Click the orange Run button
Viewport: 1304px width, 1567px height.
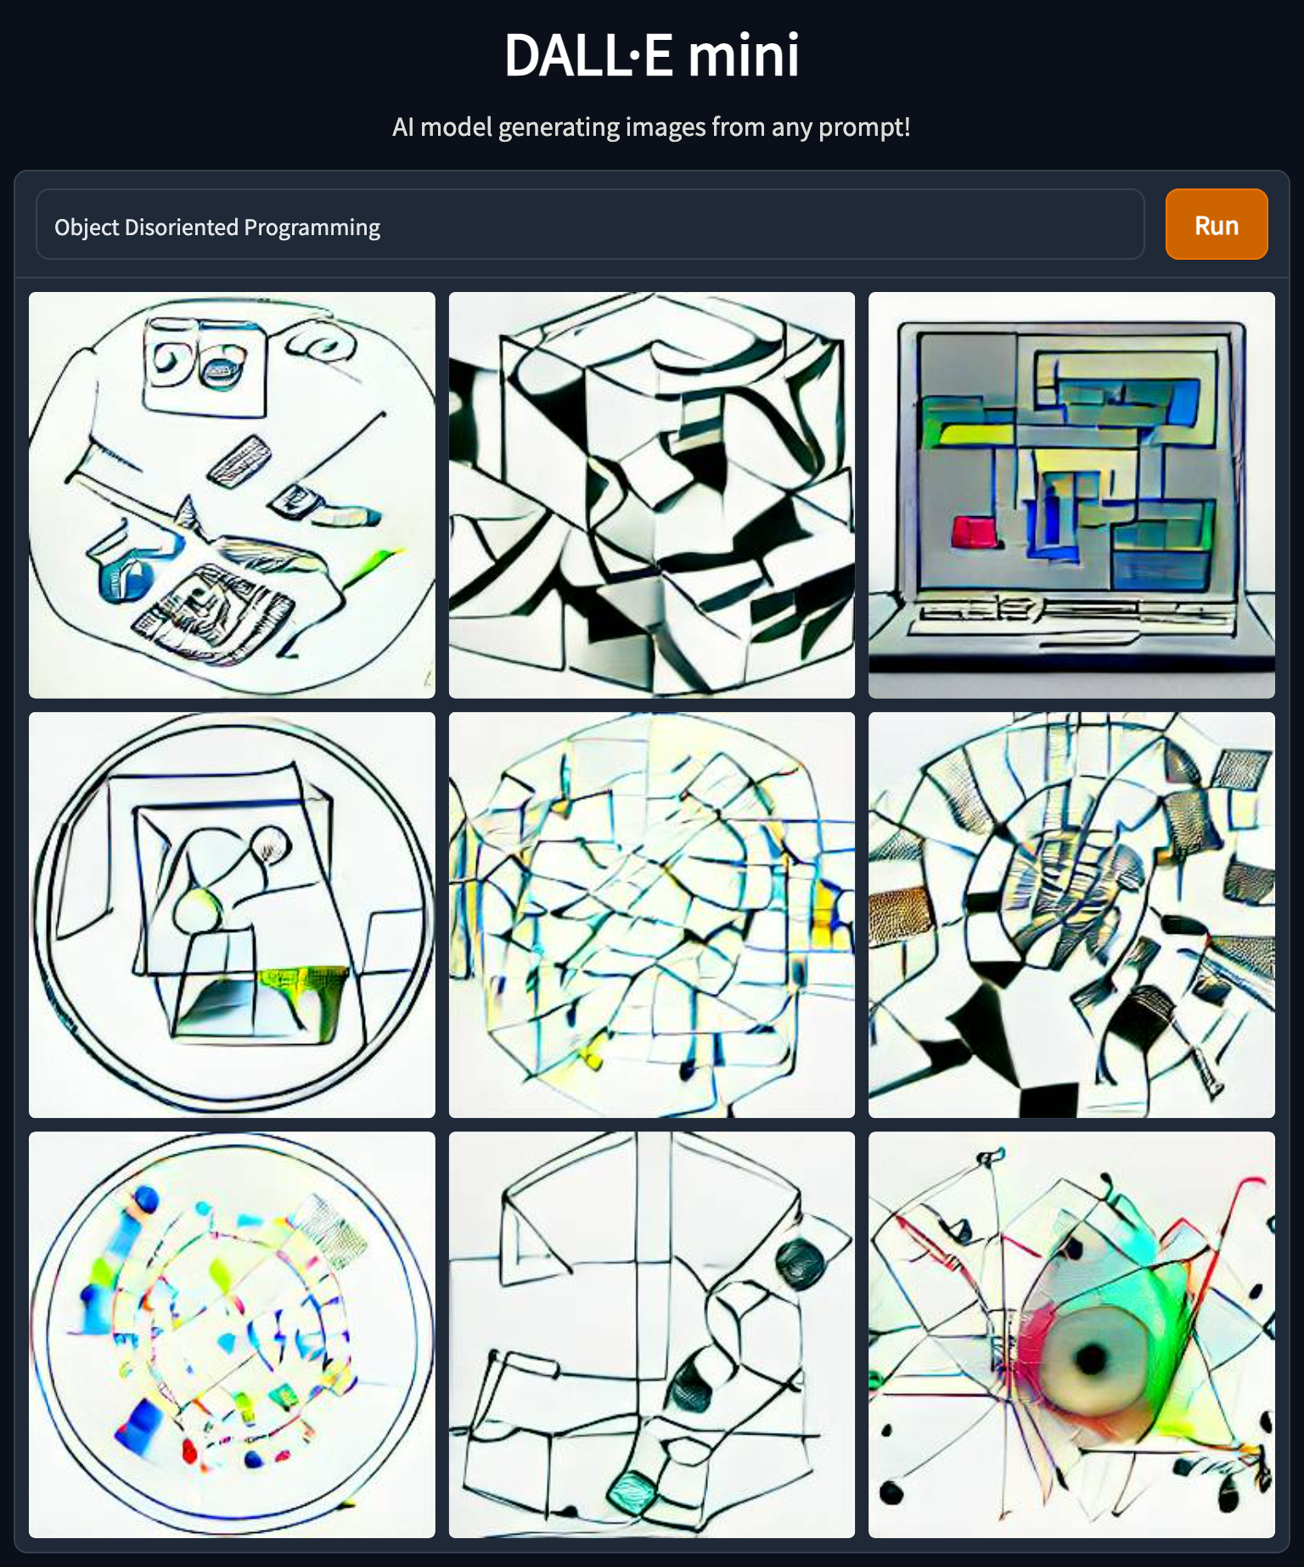point(1216,224)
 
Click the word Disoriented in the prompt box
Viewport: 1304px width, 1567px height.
point(182,227)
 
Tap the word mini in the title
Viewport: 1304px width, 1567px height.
point(743,55)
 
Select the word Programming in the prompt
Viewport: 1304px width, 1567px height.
point(312,228)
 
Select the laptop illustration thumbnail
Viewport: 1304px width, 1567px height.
point(1071,495)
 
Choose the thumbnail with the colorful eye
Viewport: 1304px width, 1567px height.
point(1071,1334)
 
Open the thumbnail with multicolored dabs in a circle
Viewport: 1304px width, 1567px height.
point(232,1334)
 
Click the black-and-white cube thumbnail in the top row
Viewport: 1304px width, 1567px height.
point(652,495)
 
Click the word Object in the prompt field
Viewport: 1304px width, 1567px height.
point(87,227)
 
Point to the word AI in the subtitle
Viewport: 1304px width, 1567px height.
point(403,127)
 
